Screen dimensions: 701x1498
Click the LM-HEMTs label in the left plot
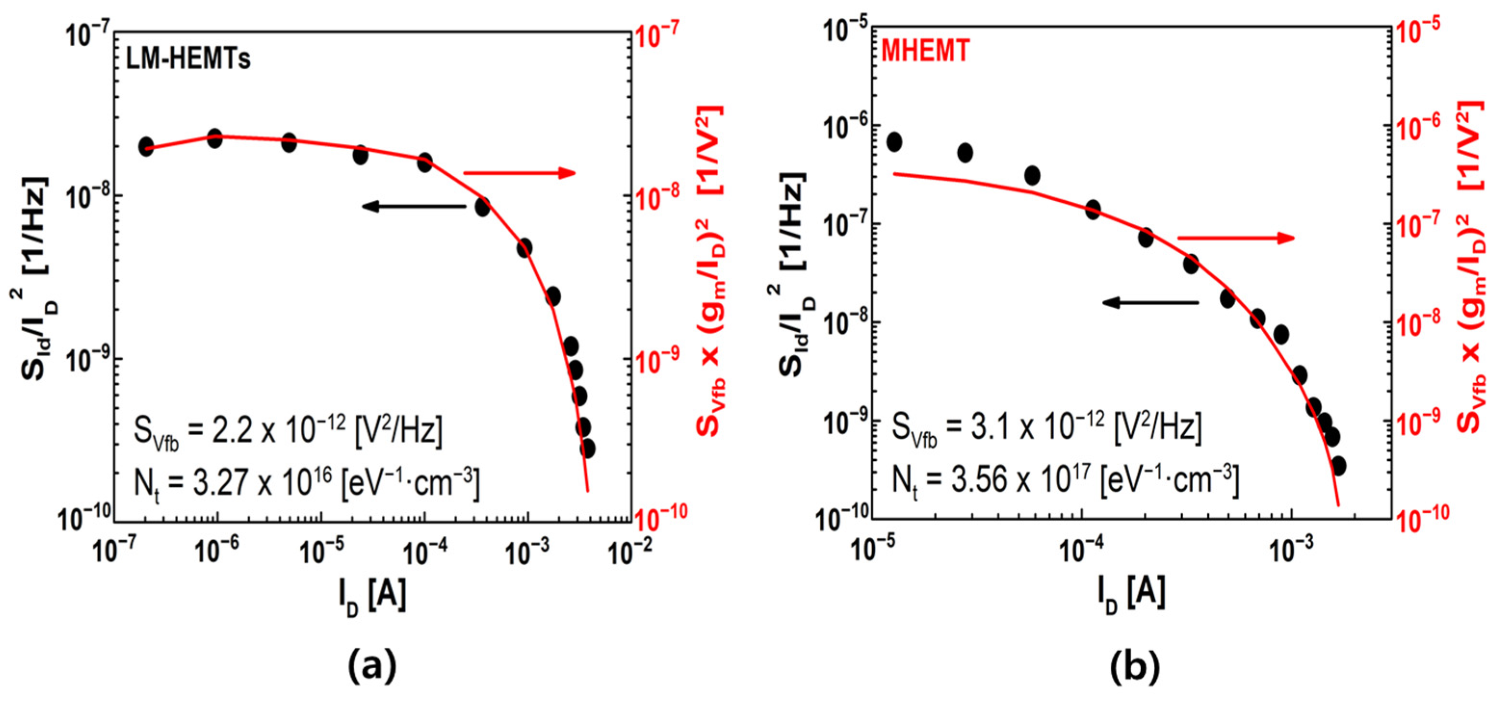(x=188, y=59)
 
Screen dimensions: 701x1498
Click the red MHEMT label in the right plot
(x=925, y=51)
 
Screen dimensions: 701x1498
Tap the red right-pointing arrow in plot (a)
(x=519, y=173)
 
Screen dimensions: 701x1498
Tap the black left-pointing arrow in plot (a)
(x=413, y=206)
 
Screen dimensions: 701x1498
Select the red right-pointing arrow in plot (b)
(x=1236, y=237)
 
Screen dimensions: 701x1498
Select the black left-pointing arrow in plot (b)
(x=1150, y=302)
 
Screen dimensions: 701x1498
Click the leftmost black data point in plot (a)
(x=146, y=146)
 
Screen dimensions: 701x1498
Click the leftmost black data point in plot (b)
(x=894, y=142)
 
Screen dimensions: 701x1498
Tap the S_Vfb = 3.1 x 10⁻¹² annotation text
(x=1047, y=429)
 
